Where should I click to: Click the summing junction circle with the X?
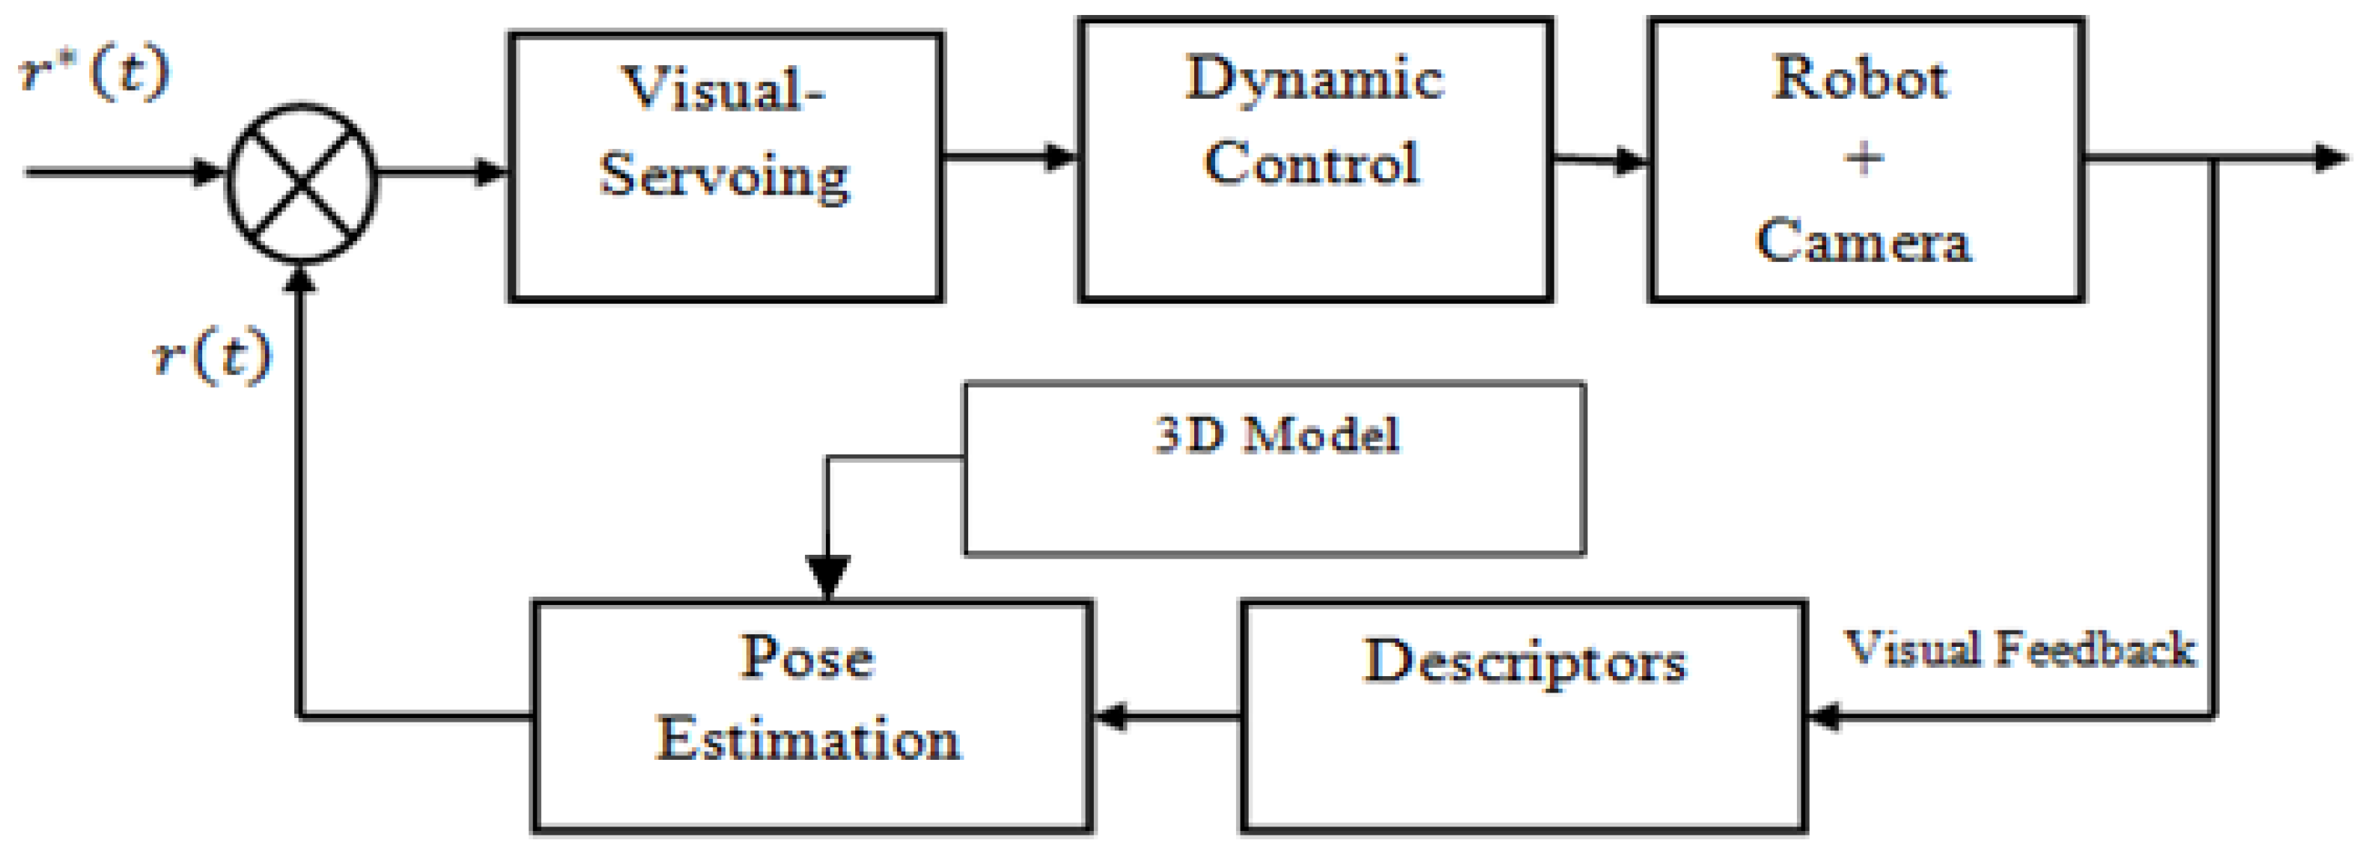click(302, 183)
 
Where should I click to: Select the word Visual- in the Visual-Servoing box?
click(724, 90)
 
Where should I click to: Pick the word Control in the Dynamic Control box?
click(1312, 163)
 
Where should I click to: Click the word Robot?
click(1860, 78)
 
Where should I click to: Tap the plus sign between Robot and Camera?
click(1864, 159)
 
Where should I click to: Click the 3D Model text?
click(1276, 434)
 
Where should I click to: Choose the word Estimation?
click(809, 738)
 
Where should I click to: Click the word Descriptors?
click(1524, 661)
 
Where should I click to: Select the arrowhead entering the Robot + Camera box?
click(1631, 161)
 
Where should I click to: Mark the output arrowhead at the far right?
click(2332, 159)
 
